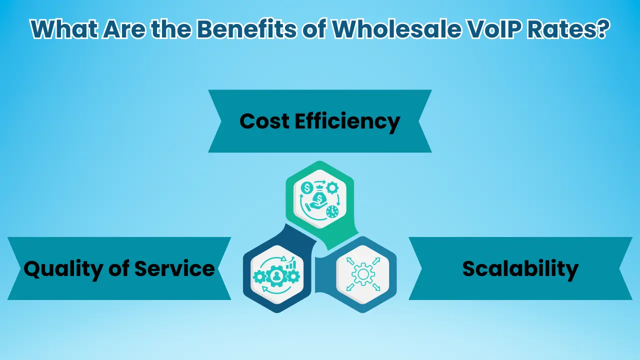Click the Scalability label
(x=520, y=269)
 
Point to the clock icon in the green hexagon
(x=332, y=211)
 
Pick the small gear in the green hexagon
(x=331, y=187)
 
